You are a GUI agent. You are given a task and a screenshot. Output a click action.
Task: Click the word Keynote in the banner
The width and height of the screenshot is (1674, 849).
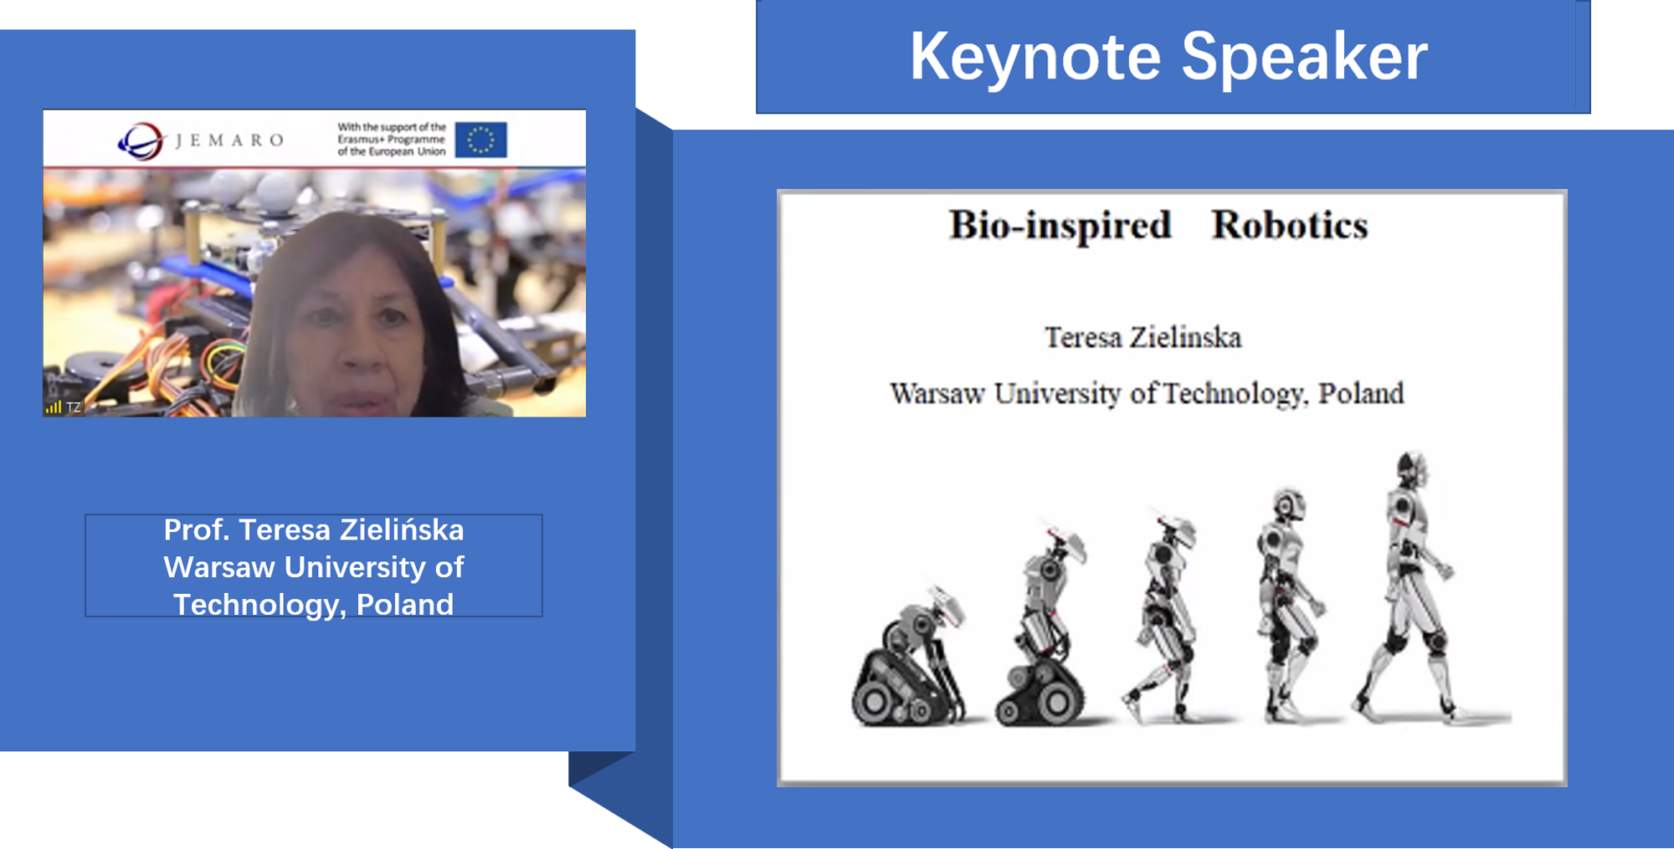(x=1035, y=57)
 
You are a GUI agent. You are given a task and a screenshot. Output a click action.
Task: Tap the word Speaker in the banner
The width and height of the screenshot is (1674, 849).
(x=1304, y=57)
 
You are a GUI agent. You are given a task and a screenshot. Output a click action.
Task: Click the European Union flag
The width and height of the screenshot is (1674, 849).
(x=480, y=140)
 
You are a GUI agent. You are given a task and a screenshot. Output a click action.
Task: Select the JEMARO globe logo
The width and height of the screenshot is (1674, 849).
(x=141, y=141)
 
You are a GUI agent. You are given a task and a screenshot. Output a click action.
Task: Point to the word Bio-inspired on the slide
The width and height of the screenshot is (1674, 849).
(x=1060, y=226)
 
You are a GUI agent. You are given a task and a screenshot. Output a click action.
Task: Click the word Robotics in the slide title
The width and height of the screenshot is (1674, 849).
(x=1290, y=225)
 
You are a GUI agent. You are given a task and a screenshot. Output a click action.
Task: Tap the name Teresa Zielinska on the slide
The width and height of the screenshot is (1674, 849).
(x=1143, y=337)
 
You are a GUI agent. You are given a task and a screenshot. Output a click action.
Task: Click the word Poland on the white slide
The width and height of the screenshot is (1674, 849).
(x=1361, y=393)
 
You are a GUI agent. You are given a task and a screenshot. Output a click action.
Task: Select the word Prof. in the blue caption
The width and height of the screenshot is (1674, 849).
(x=197, y=529)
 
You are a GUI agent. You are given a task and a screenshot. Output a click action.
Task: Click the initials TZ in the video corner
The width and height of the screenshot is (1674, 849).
(x=74, y=407)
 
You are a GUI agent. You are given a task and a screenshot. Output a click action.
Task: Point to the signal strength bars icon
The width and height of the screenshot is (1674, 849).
(x=54, y=407)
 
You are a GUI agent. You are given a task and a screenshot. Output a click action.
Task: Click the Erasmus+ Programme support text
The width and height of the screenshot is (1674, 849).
(x=392, y=139)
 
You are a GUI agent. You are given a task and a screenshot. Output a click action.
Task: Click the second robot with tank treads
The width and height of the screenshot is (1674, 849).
(x=1041, y=627)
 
